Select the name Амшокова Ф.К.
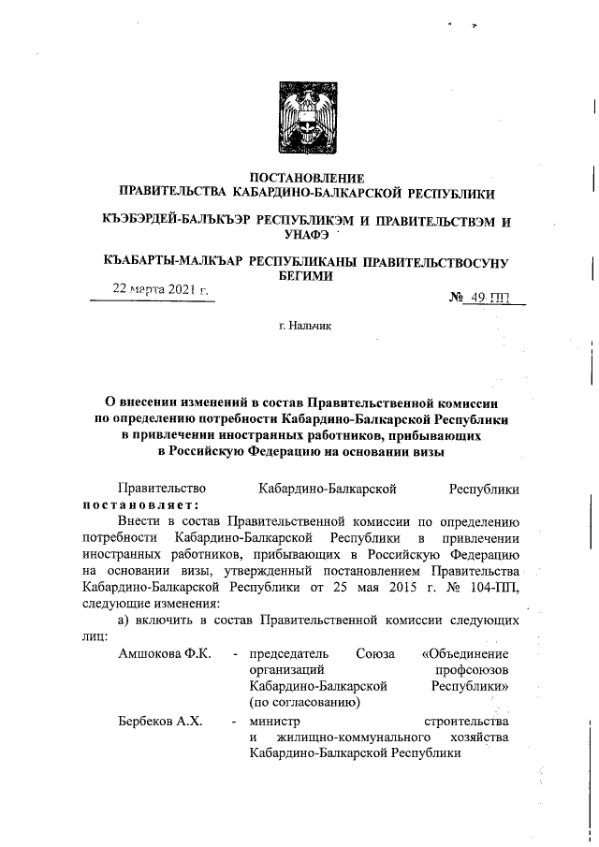157,652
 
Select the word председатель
289,652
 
